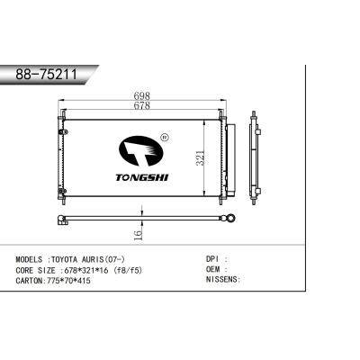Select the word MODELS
[x=32, y=258]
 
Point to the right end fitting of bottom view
[x=229, y=217]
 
